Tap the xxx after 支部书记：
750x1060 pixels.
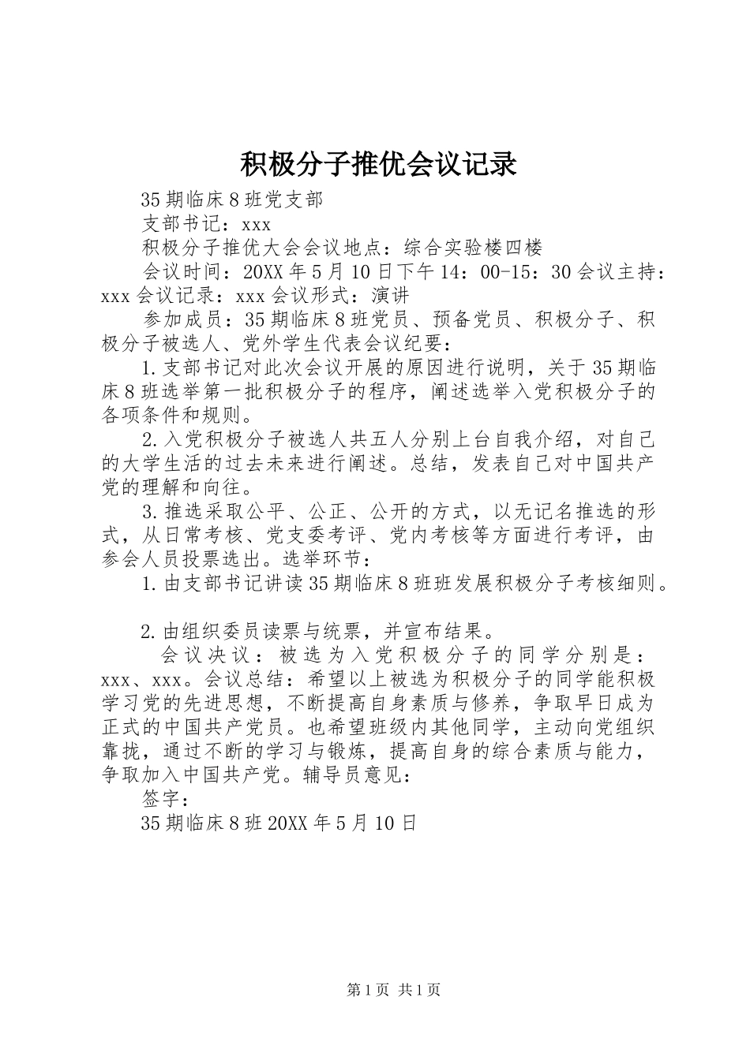pyautogui.click(x=257, y=224)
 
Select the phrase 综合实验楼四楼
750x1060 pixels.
pyautogui.click(x=473, y=248)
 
